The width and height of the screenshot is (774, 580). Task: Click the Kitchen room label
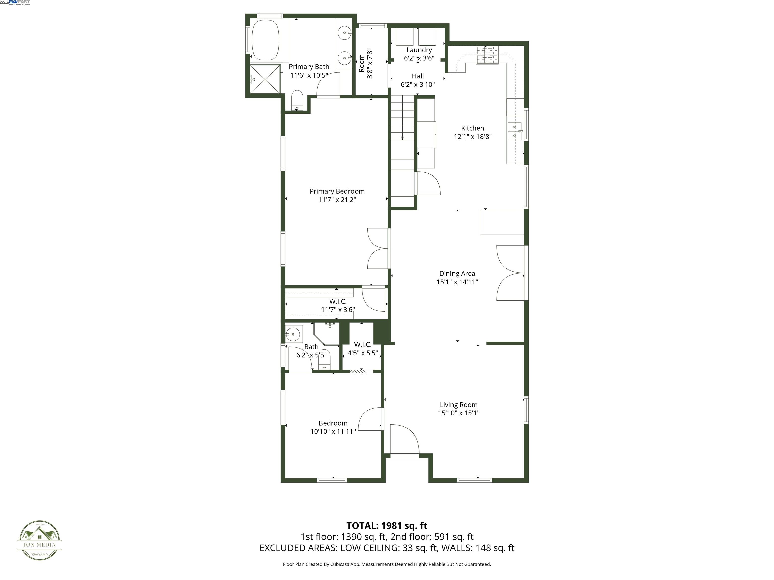472,128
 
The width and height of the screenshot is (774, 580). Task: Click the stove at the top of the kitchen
487,55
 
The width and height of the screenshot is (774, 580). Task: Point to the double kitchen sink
514,131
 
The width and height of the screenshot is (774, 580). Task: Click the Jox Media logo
40,540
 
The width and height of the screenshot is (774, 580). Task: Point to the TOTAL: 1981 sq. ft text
387,525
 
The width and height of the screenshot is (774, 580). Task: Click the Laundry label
419,50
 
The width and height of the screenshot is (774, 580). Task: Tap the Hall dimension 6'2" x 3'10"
417,84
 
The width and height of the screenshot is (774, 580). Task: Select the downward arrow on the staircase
402,138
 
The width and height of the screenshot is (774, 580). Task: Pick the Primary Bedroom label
337,191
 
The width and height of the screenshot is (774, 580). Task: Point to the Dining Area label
457,274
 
